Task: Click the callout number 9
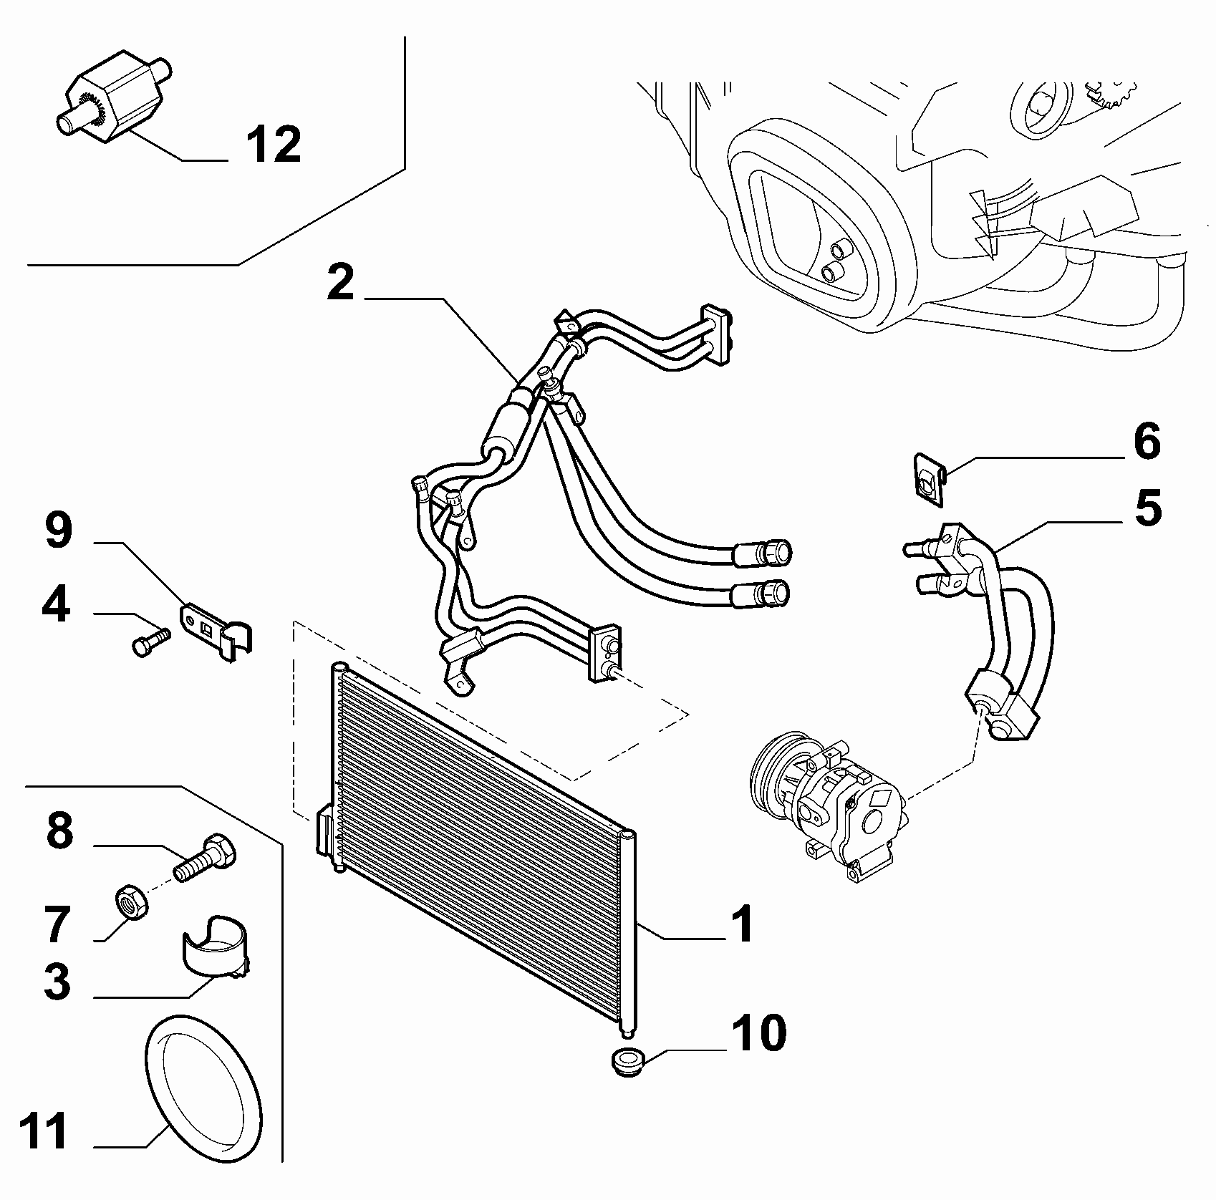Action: tap(58, 532)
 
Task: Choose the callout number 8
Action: tap(59, 831)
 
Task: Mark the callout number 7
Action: tap(58, 924)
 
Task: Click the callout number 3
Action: tap(57, 981)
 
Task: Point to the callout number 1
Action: tap(743, 924)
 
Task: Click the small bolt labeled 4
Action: tap(151, 640)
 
